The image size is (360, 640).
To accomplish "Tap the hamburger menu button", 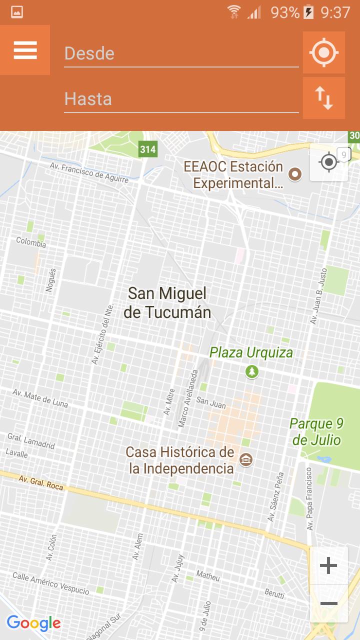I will click(25, 50).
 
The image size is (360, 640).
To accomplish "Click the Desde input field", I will click(181, 53).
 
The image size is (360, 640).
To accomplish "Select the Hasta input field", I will click(181, 99).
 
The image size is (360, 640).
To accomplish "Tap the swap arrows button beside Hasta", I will click(324, 98).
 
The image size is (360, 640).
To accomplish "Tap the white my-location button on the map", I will click(328, 162).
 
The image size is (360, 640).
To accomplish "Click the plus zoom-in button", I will click(328, 566).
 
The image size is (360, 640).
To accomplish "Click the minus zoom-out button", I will click(328, 603).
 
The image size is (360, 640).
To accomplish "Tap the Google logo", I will click(33, 623).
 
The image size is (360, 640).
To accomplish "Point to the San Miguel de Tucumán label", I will click(167, 302).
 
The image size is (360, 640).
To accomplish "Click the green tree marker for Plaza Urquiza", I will click(252, 371).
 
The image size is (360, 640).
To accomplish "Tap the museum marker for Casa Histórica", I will click(245, 459).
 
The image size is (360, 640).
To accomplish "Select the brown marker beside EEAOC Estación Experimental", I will click(295, 174).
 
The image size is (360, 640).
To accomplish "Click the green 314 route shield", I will click(147, 149).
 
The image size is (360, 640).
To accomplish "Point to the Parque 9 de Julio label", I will click(317, 432).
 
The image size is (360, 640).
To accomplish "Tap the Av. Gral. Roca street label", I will click(41, 482).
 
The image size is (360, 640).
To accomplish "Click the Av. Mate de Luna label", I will click(40, 397).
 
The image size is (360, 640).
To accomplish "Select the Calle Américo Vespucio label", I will click(50, 583).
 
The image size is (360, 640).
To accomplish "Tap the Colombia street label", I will click(31, 242).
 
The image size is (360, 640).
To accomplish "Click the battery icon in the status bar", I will click(309, 12).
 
